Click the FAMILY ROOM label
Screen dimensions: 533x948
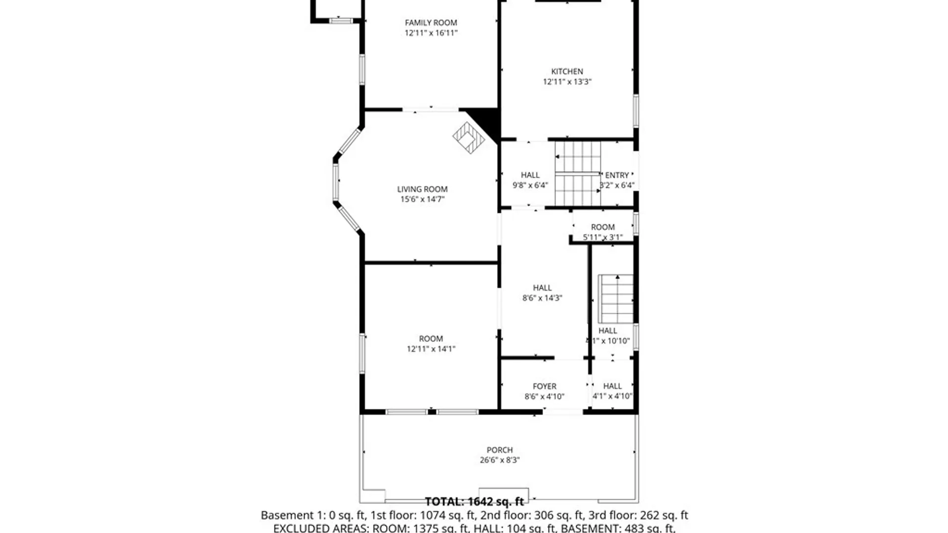click(431, 23)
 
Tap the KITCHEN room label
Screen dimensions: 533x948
click(567, 72)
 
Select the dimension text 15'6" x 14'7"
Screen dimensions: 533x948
click(422, 199)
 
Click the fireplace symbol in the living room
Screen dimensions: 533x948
click(468, 138)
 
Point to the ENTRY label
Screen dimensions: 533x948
click(617, 175)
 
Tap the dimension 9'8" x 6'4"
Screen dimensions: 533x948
click(530, 186)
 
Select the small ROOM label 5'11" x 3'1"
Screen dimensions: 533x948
click(602, 227)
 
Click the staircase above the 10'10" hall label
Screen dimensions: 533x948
click(616, 299)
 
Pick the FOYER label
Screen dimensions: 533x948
click(544, 386)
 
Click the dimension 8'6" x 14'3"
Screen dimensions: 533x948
click(542, 298)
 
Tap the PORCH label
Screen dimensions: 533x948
click(500, 450)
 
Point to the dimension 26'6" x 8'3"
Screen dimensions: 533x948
click(500, 460)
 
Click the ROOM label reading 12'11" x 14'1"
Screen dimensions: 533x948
click(431, 339)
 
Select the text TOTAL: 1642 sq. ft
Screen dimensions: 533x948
click(474, 502)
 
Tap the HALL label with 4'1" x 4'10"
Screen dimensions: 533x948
click(612, 386)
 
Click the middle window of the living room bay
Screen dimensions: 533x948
click(336, 182)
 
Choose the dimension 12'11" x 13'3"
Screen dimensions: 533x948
click(567, 82)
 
